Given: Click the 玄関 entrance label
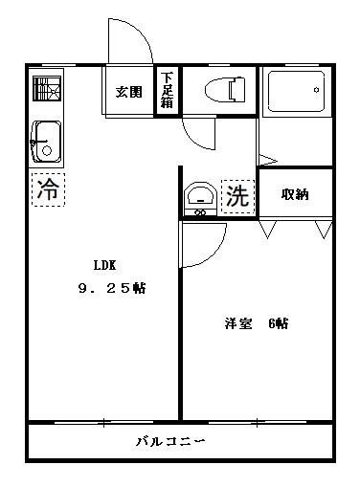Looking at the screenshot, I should click(129, 93).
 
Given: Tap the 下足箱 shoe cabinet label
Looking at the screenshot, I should click(168, 92).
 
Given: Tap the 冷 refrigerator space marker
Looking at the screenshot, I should click(45, 189).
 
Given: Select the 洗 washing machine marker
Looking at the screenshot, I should click(237, 196).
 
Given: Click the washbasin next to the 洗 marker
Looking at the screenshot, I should click(200, 198).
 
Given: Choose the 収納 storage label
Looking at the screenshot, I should click(295, 194).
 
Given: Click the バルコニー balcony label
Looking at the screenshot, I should click(170, 442).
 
